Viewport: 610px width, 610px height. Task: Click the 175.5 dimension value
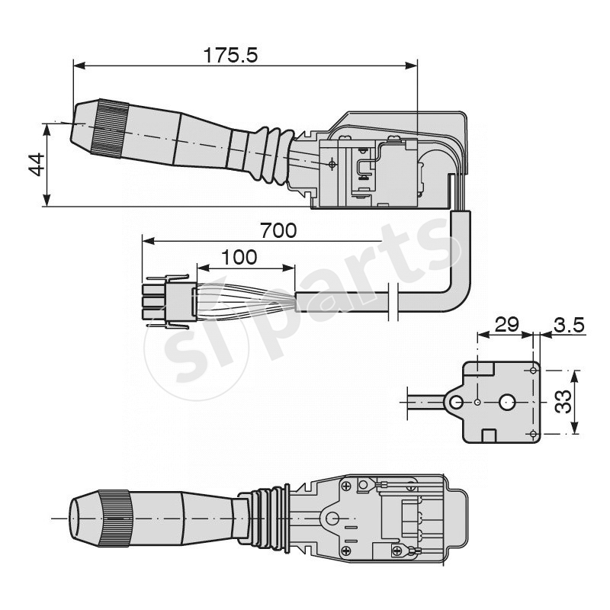click(x=231, y=55)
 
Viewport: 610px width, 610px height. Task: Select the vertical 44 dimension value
click(x=36, y=164)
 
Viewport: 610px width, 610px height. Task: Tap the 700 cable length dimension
click(x=278, y=230)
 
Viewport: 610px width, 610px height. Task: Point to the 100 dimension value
click(x=239, y=257)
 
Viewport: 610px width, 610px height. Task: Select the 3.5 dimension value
click(x=568, y=324)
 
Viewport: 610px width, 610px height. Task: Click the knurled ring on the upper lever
click(x=110, y=129)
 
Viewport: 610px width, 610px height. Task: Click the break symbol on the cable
click(x=392, y=302)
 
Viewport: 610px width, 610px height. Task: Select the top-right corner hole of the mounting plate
click(x=532, y=370)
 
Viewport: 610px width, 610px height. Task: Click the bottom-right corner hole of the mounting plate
click(x=532, y=434)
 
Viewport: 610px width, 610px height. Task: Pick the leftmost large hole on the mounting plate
click(x=456, y=402)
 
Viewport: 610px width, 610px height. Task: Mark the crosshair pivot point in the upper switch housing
click(x=331, y=163)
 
